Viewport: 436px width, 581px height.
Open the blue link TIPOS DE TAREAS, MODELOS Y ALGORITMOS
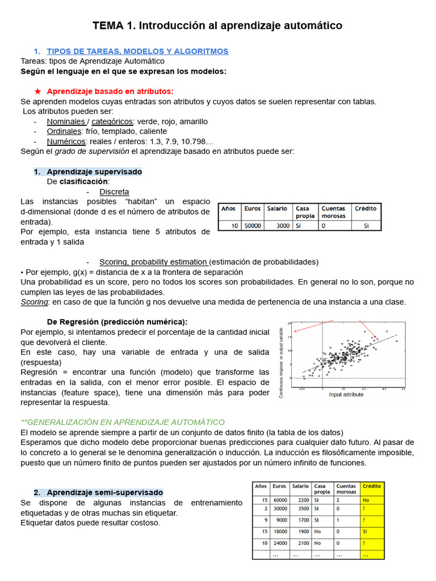pos(137,51)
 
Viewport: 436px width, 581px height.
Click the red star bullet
pos(37,91)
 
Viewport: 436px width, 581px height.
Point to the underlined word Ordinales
pos(64,131)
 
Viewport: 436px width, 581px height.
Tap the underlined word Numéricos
pos(66,141)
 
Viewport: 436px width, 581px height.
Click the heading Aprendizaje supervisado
pos(94,171)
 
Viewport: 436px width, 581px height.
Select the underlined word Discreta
pos(114,192)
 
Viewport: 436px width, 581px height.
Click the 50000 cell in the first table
pos(252,225)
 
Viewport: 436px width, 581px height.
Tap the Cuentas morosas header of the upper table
pos(333,212)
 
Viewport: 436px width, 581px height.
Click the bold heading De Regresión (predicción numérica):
pos(117,322)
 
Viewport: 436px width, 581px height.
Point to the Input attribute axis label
pos(346,394)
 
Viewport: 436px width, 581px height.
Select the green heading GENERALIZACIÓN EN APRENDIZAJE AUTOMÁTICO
pos(123,422)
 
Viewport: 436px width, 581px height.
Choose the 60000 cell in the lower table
pos(279,500)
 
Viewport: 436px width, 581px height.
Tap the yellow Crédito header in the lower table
pos(372,486)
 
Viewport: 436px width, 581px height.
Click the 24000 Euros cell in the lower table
pos(279,543)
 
